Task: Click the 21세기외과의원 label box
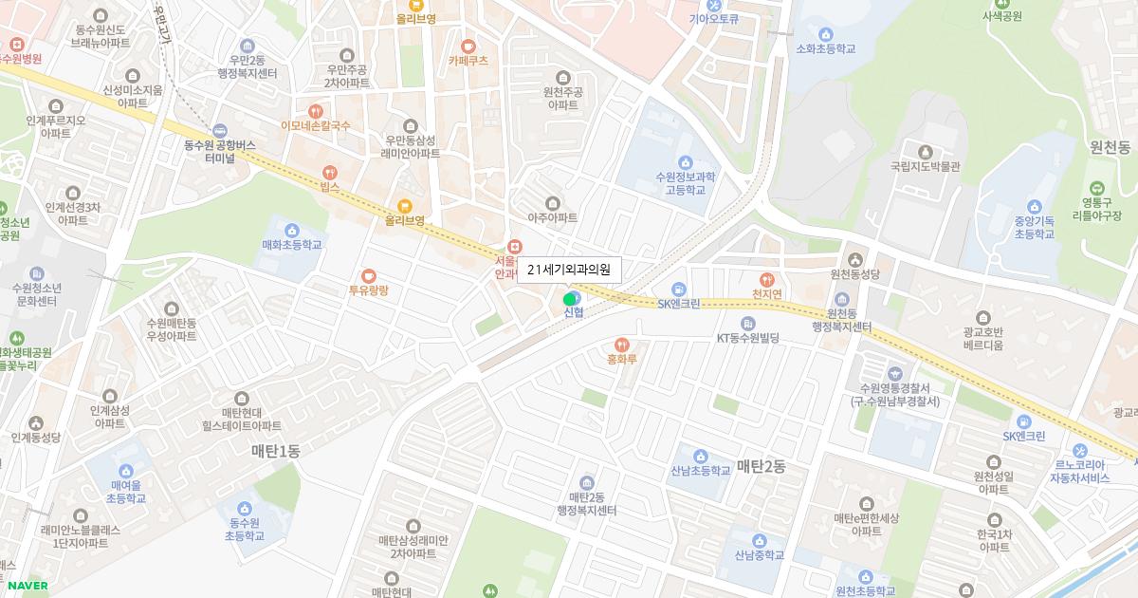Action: point(569,270)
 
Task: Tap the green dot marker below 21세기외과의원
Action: point(569,299)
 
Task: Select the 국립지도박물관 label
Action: point(926,166)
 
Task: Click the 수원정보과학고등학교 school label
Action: point(686,182)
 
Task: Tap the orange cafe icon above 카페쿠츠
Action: point(468,46)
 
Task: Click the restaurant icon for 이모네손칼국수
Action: point(315,111)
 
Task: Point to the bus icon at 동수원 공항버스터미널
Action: point(220,130)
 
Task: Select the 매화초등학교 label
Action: point(291,244)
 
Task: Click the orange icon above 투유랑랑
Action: point(369,275)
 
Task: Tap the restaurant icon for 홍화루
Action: point(622,345)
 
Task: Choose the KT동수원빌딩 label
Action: point(747,337)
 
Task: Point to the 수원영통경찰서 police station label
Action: point(895,394)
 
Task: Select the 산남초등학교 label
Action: point(700,470)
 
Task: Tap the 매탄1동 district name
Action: point(276,451)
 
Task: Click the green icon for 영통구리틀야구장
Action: point(1097,189)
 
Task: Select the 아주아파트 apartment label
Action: point(553,217)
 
